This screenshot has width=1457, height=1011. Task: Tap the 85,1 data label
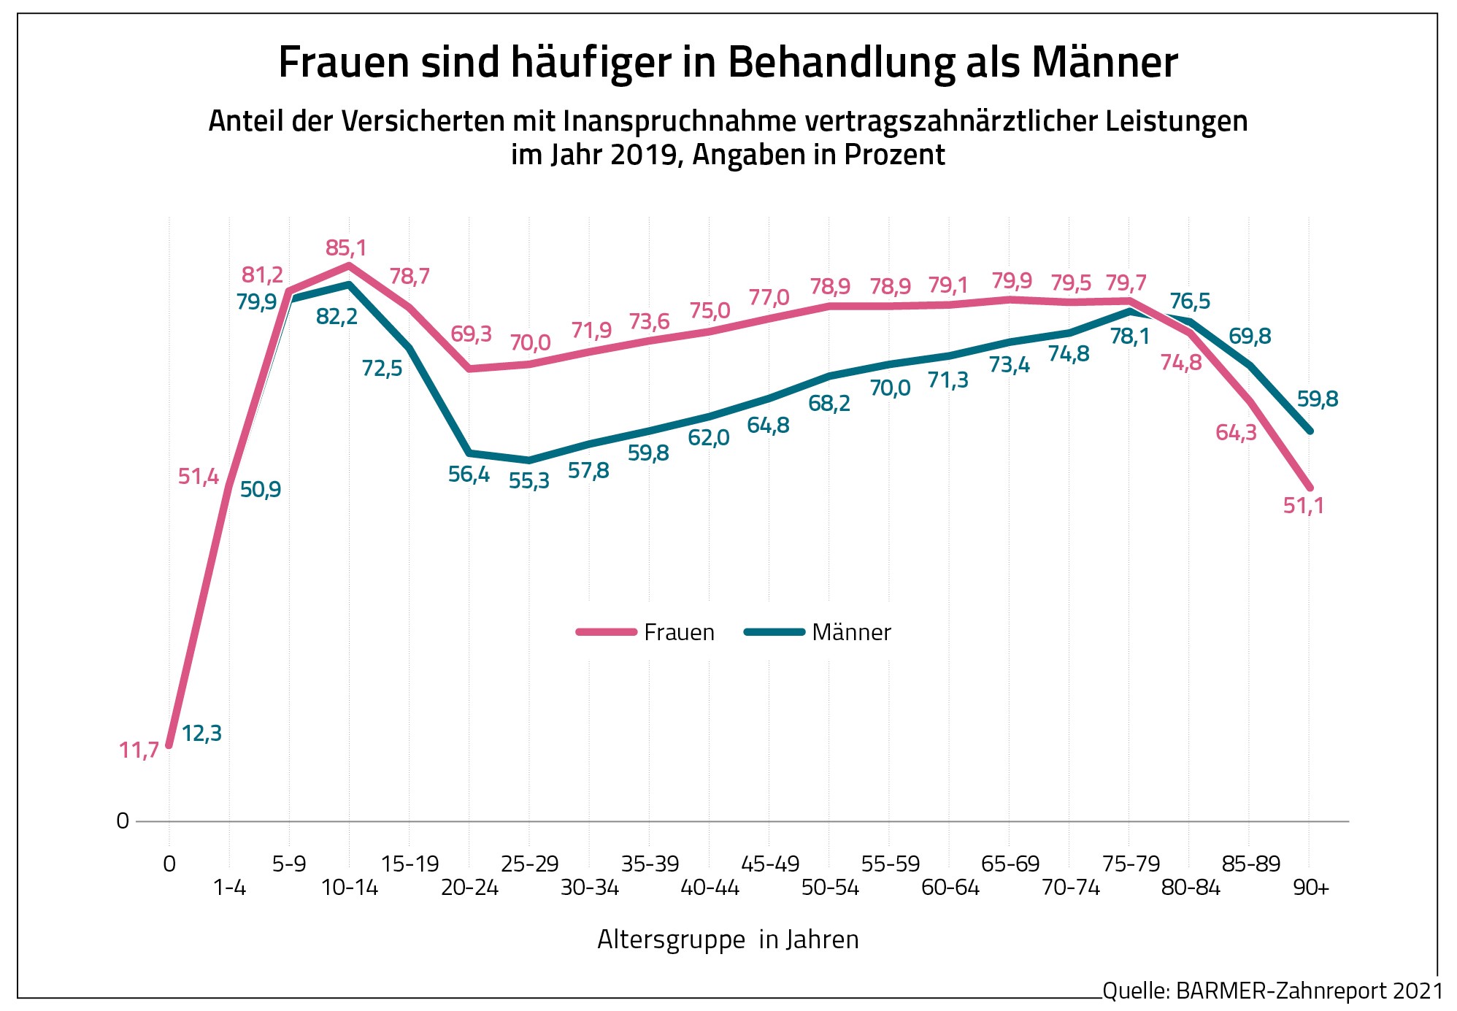point(346,248)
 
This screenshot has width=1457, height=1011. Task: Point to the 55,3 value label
point(529,482)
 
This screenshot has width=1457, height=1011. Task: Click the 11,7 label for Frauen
point(139,750)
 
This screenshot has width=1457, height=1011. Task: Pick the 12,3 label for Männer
point(201,733)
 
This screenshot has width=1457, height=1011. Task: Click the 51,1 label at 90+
point(1304,505)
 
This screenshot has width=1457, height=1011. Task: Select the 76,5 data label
point(1190,301)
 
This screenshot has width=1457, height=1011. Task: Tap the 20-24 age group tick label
point(469,888)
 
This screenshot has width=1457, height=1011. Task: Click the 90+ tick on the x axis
point(1311,888)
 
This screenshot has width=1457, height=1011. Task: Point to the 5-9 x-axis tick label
point(289,864)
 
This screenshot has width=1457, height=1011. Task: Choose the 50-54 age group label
point(830,888)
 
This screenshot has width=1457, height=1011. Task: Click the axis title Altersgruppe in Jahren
point(728,939)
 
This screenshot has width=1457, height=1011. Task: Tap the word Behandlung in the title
point(841,63)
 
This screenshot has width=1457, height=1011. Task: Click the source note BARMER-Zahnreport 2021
point(1272,991)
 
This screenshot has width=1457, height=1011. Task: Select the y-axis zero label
point(123,821)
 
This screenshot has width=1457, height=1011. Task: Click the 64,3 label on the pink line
point(1236,433)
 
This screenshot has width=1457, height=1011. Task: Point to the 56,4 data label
point(469,474)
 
